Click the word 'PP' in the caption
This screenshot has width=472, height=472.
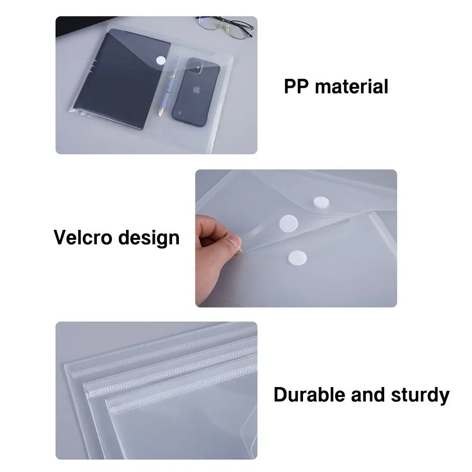pyautogui.click(x=296, y=87)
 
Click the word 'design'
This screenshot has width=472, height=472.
pyautogui.click(x=149, y=238)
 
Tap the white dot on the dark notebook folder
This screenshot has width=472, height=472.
pyautogui.click(x=161, y=60)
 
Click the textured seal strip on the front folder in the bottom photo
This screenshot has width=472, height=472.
pyautogui.click(x=179, y=394)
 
